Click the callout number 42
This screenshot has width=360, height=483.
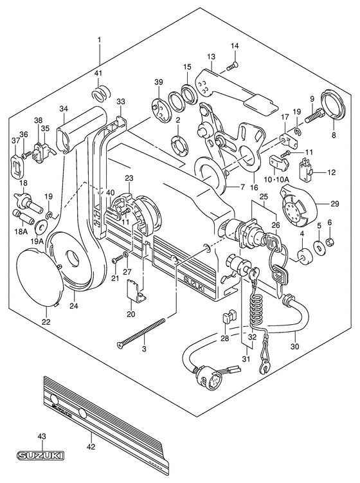[x=91, y=446]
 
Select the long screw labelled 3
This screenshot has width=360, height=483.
[x=141, y=333]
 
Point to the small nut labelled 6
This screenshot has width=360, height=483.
[x=328, y=243]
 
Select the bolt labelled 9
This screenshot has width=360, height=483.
[x=314, y=116]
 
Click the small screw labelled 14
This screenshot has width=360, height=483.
[x=233, y=66]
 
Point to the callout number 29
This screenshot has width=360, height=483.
[x=334, y=204]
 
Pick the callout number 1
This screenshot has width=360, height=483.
[x=99, y=40]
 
